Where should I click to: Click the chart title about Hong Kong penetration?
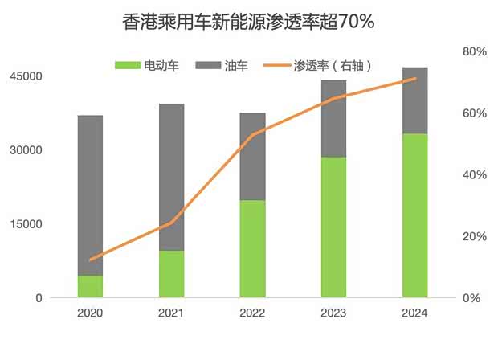coord(248,21)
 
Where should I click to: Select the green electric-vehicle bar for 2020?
coord(90,286)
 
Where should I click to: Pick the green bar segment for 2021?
coord(171,273)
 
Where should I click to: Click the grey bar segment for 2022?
coord(252,156)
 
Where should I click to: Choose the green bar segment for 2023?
coord(333,227)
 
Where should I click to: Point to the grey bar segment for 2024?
coord(414,100)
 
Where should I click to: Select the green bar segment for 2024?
coord(414,215)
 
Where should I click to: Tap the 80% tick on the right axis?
coord(475,51)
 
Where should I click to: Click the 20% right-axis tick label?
coord(475,236)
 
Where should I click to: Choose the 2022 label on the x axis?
coord(252,313)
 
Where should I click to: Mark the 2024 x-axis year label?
coord(414,313)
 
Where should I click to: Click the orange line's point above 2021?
coord(171,223)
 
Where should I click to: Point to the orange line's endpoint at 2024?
coord(414,79)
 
